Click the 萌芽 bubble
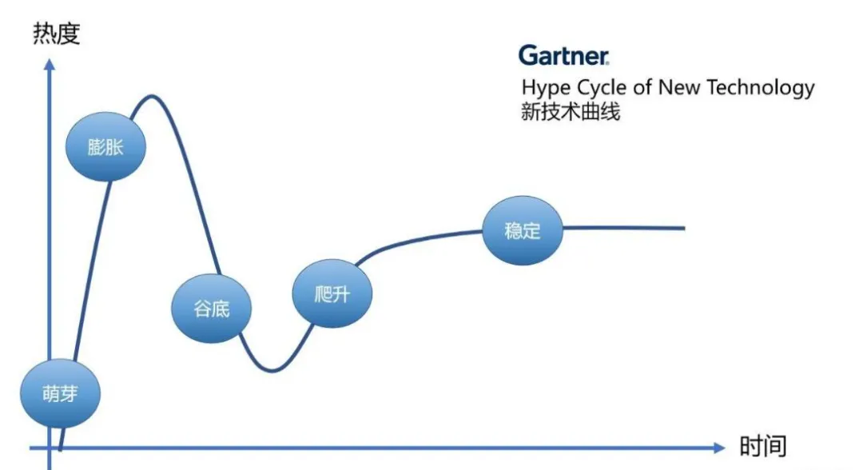pyautogui.click(x=61, y=394)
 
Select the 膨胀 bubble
pyautogui.click(x=105, y=147)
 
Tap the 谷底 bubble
pyautogui.click(x=212, y=309)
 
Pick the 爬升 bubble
pyautogui.click(x=332, y=293)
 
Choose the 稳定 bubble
pyautogui.click(x=523, y=230)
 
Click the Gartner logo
pyautogui.click(x=563, y=55)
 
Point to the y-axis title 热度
pyautogui.click(x=57, y=34)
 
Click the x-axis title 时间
pyautogui.click(x=762, y=446)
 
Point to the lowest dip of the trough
pyautogui.click(x=272, y=370)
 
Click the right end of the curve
pyautogui.click(x=683, y=228)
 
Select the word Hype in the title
pyautogui.click(x=546, y=88)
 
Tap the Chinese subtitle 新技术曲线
pyautogui.click(x=570, y=112)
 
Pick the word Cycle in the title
pyautogui.click(x=603, y=88)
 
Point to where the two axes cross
pyautogui.click(x=50, y=448)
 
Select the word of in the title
pyautogui.click(x=644, y=87)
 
